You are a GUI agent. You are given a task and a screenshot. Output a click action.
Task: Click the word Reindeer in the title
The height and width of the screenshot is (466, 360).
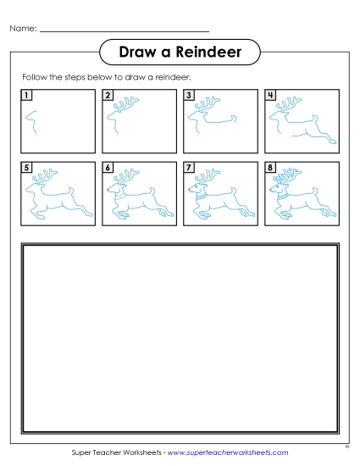coord(211,53)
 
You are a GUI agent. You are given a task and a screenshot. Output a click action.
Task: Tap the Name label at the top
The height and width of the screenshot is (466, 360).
coord(23,30)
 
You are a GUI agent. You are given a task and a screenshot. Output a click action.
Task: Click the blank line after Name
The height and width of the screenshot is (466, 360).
coord(124,31)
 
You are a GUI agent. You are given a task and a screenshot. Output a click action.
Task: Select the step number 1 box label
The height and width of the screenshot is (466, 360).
coord(27,95)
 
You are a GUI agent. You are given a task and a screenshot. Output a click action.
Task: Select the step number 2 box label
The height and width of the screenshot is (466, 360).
coord(108,95)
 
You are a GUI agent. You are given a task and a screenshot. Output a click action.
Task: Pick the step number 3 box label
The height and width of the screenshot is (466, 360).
coord(189,95)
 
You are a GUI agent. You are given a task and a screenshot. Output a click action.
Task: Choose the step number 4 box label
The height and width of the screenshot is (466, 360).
coord(270,95)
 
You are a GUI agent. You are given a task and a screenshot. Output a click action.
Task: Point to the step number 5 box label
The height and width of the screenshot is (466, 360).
coord(27,168)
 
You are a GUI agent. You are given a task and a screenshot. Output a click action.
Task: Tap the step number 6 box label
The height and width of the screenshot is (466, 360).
coord(108,168)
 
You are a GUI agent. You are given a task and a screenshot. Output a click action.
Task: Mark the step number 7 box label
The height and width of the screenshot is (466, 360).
coord(189,168)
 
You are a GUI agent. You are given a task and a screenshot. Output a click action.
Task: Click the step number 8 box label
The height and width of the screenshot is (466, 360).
coord(270,168)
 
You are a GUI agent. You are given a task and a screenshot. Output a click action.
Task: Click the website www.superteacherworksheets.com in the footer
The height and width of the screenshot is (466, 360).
coord(226,453)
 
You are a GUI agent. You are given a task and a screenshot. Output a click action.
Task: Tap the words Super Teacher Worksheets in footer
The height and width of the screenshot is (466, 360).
coord(116,453)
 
